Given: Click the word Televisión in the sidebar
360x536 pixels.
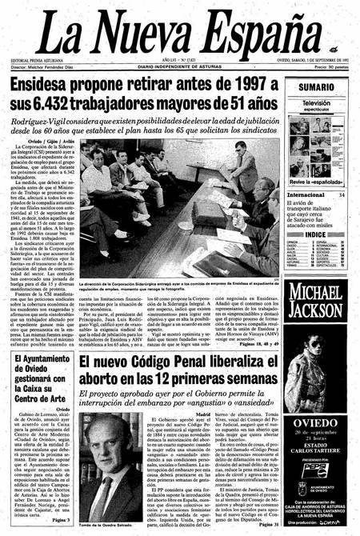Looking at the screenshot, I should (317, 103).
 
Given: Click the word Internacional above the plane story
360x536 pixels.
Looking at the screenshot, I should (306, 194).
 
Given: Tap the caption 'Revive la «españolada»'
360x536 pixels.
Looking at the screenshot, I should (318, 183).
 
